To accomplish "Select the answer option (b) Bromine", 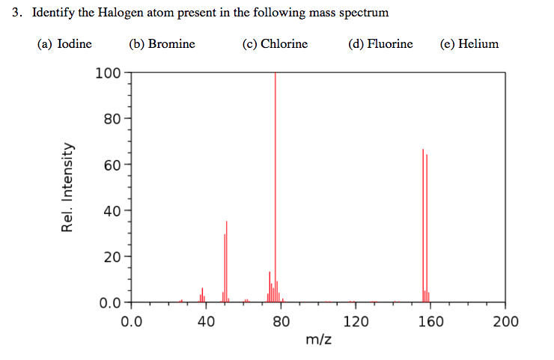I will point(162,43).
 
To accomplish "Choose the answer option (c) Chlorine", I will point(275,43).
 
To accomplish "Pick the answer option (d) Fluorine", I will point(380,43).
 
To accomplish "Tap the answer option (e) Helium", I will point(469,43).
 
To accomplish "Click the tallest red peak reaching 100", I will point(276,187).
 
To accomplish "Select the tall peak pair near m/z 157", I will point(425,225).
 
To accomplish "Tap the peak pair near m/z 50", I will point(225,262).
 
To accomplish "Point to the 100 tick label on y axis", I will point(108,73).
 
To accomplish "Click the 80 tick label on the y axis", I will point(112,118).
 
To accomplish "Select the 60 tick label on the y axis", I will point(112,165).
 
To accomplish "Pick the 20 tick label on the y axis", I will point(112,257).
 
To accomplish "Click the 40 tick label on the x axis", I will point(207,322).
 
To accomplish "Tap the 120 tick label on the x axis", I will point(356,322).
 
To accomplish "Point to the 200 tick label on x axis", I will point(505,322).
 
